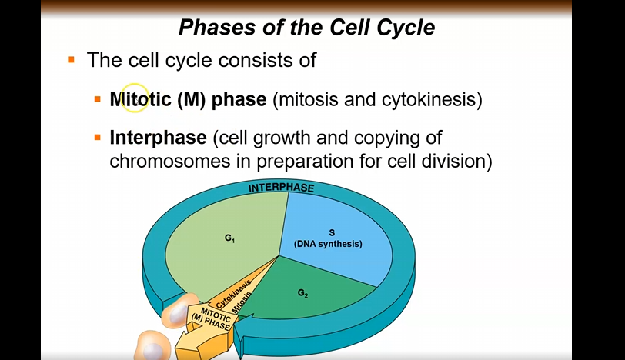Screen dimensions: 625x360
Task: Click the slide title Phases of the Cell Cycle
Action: click(306, 28)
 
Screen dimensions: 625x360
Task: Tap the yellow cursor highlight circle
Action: click(135, 98)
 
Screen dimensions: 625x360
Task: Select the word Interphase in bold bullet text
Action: click(159, 138)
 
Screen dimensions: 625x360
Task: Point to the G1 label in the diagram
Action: click(229, 238)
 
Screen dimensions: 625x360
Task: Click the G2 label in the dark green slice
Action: click(302, 294)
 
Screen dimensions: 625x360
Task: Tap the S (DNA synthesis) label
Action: click(328, 238)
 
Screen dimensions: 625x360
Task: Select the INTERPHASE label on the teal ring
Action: click(282, 188)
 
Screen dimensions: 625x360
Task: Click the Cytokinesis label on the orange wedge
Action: click(233, 294)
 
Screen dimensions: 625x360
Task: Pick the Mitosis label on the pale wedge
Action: click(242, 302)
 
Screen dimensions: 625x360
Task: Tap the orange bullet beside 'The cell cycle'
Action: click(72, 60)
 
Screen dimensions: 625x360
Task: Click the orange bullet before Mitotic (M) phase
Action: click(98, 99)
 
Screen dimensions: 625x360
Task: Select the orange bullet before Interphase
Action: click(98, 138)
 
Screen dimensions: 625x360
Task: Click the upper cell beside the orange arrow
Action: click(180, 312)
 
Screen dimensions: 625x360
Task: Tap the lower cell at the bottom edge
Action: click(152, 345)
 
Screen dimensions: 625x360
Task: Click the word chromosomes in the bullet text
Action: click(170, 162)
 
